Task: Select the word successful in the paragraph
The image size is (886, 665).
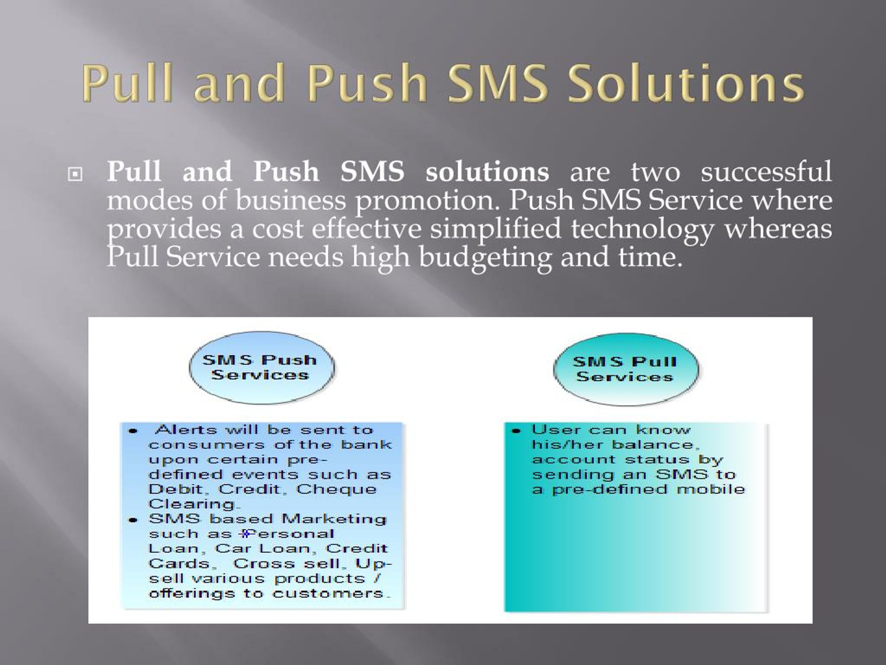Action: pos(766,171)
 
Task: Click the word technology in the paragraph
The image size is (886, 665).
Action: pos(642,229)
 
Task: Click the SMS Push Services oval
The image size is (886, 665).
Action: pos(262,367)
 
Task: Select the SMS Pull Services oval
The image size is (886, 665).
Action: pos(626,369)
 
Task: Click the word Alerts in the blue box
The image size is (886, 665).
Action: pos(186,430)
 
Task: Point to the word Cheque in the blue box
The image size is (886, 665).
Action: pos(336,489)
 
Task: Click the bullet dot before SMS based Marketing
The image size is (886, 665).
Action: pos(133,520)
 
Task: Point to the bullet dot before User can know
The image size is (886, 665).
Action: pos(516,431)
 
